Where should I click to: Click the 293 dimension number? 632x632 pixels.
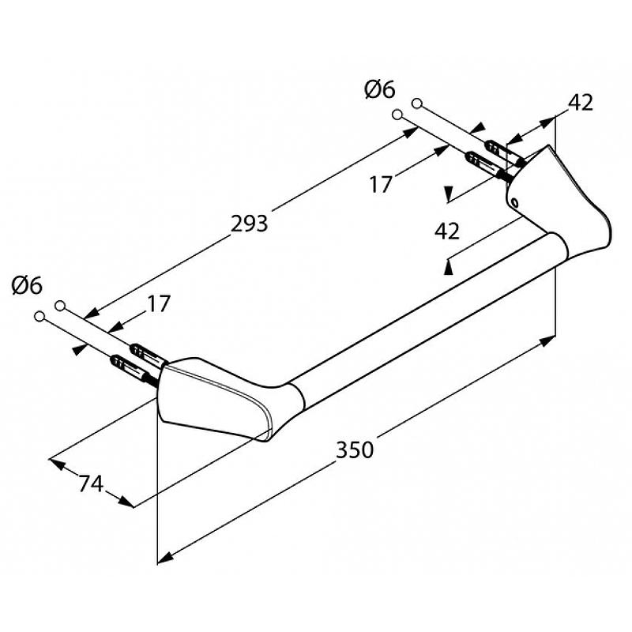[249, 224]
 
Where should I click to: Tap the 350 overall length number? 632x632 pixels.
[355, 450]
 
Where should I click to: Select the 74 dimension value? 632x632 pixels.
[91, 483]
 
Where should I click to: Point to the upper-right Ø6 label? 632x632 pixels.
[380, 89]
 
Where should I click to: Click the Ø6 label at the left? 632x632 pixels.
[27, 286]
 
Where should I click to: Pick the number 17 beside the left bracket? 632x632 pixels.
[159, 303]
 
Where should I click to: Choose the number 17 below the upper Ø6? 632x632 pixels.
[381, 185]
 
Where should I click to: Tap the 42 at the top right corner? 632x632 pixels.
[581, 103]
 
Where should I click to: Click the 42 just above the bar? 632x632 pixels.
[447, 231]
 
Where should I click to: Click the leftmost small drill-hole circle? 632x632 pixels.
[39, 317]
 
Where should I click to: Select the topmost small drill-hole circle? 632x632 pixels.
[417, 103]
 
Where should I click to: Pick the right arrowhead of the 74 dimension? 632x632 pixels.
[126, 502]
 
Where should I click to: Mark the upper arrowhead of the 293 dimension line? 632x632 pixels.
[409, 132]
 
